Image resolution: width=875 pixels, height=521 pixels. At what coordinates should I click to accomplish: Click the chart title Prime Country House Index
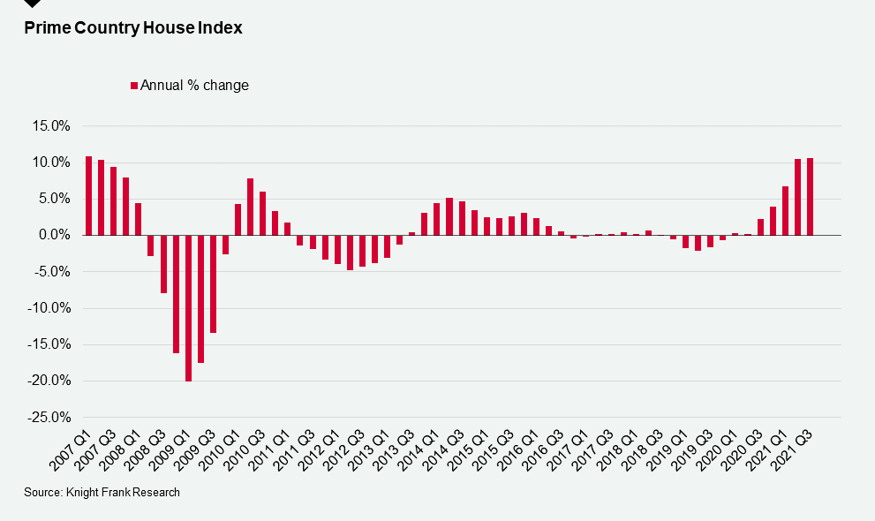[x=133, y=28]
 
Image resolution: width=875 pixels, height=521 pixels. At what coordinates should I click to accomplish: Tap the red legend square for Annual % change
[x=134, y=86]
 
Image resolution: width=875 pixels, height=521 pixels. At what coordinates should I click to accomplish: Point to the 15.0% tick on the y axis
[x=52, y=126]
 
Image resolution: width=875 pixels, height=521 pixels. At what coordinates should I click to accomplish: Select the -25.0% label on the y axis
[x=50, y=418]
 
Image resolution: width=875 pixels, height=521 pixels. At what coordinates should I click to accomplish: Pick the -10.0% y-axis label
[x=50, y=309]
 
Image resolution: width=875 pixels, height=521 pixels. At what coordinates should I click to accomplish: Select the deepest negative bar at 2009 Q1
[x=188, y=308]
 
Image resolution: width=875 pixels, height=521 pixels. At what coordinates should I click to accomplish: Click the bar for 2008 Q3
[x=163, y=264]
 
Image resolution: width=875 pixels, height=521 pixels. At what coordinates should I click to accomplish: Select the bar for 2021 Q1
[x=785, y=211]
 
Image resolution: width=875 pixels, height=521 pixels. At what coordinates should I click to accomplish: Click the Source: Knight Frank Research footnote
[x=102, y=493]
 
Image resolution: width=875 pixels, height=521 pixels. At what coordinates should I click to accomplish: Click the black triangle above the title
[x=32, y=4]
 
